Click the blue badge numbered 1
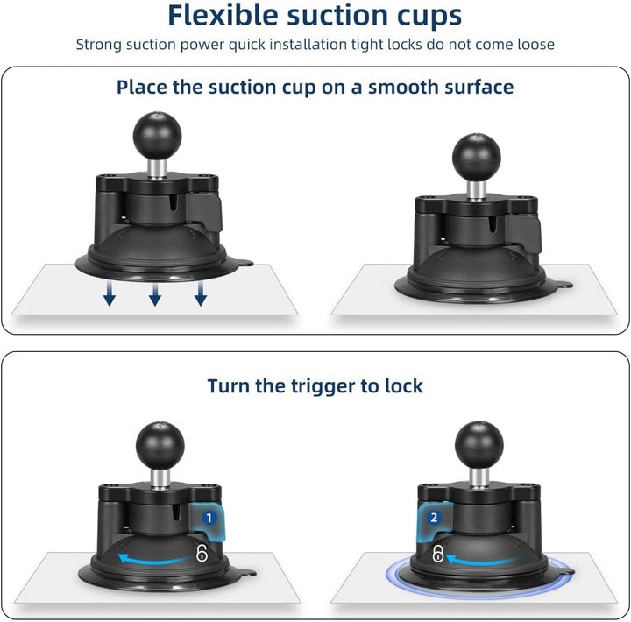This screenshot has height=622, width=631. (209, 519)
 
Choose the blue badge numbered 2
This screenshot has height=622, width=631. (434, 518)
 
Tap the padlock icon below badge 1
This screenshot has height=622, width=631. (202, 554)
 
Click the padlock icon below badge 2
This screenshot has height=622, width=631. (436, 554)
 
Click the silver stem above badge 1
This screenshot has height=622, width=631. (160, 474)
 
